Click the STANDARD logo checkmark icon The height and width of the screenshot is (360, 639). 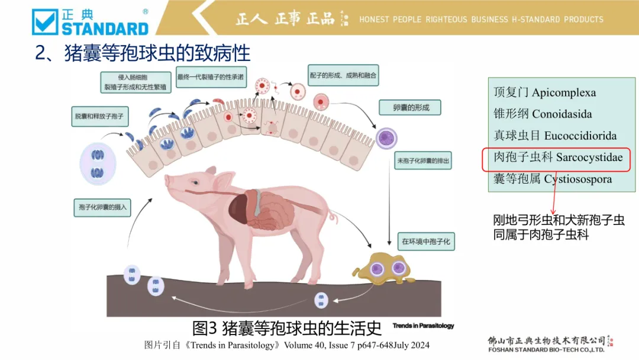[x=46, y=22]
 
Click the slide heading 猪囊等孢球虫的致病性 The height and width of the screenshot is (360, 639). [x=143, y=53]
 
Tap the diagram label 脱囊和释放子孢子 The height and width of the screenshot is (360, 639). [x=99, y=117]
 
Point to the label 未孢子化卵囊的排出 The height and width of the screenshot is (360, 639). [x=424, y=160]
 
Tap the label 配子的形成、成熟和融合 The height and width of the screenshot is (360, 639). [x=344, y=76]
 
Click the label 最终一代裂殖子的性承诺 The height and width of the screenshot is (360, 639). [x=211, y=76]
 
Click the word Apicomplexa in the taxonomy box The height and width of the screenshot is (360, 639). [x=564, y=93]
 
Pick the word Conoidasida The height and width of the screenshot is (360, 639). [x=562, y=114]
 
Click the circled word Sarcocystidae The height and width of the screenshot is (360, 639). [x=589, y=157]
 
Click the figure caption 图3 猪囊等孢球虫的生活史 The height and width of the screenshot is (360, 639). [x=288, y=327]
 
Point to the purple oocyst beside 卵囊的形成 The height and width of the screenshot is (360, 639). [x=386, y=139]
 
